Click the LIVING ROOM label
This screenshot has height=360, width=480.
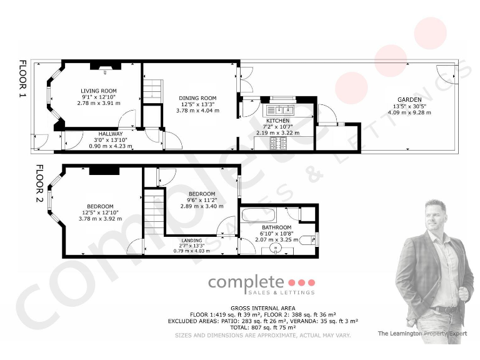99,91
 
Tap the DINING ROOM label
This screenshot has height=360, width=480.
197,98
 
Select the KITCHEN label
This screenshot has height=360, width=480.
277,120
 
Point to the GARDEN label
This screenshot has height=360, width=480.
407,99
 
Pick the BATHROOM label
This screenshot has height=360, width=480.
276,227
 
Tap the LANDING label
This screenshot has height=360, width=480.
192,240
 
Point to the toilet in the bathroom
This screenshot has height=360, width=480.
307,238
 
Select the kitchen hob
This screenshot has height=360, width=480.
277,143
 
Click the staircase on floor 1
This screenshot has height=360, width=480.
152,91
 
